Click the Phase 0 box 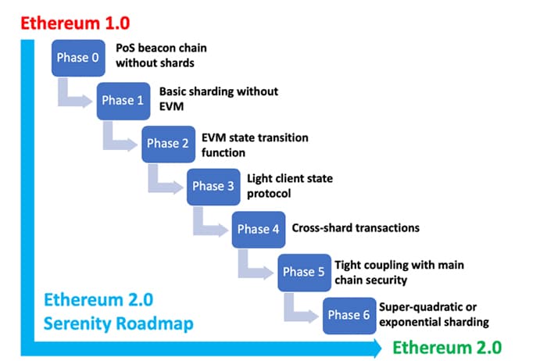point(78,58)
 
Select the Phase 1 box point(123,101)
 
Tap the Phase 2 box point(169,144)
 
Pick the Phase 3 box point(213,187)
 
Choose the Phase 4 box point(259,230)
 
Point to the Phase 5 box point(304,273)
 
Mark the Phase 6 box point(349,316)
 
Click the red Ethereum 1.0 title point(75,23)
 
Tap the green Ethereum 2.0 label point(447,348)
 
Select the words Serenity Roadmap point(118,323)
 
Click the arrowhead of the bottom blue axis point(377,348)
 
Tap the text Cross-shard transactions point(356,228)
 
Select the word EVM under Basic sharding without point(171,106)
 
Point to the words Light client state point(290,179)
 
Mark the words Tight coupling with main point(399,265)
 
